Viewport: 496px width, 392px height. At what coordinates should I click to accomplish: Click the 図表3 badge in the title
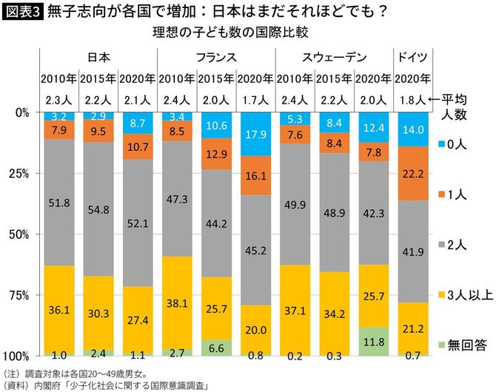22,11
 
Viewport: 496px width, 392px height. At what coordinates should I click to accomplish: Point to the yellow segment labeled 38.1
177,303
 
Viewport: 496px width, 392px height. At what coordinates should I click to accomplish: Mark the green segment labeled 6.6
216,348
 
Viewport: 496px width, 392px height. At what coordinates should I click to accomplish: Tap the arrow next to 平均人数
435,98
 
